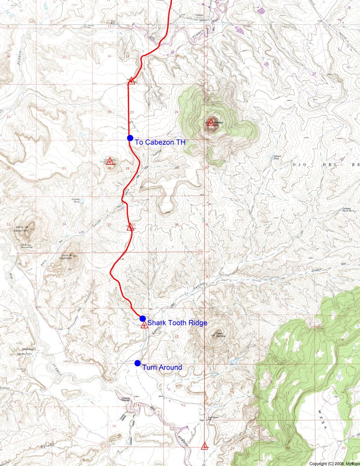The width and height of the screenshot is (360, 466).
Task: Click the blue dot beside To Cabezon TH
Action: (x=130, y=138)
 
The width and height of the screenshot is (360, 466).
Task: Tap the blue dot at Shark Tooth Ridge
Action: (x=143, y=319)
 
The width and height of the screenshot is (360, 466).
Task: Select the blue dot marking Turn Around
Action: (x=138, y=363)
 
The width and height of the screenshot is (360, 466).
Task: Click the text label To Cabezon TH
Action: (x=160, y=142)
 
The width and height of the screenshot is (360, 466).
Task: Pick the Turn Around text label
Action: (x=162, y=367)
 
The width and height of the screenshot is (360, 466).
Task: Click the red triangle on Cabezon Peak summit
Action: (x=211, y=122)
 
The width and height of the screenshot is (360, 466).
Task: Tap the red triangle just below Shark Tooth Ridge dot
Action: (x=144, y=325)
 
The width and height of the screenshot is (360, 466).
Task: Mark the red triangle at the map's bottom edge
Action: (x=205, y=446)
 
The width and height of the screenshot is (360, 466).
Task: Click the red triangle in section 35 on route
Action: (x=130, y=227)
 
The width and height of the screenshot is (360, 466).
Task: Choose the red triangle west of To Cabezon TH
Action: (x=109, y=161)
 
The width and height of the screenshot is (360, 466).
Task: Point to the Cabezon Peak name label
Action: (x=216, y=122)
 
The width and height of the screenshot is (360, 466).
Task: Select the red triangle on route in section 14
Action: (x=131, y=81)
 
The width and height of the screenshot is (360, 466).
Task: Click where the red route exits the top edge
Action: (x=171, y=1)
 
